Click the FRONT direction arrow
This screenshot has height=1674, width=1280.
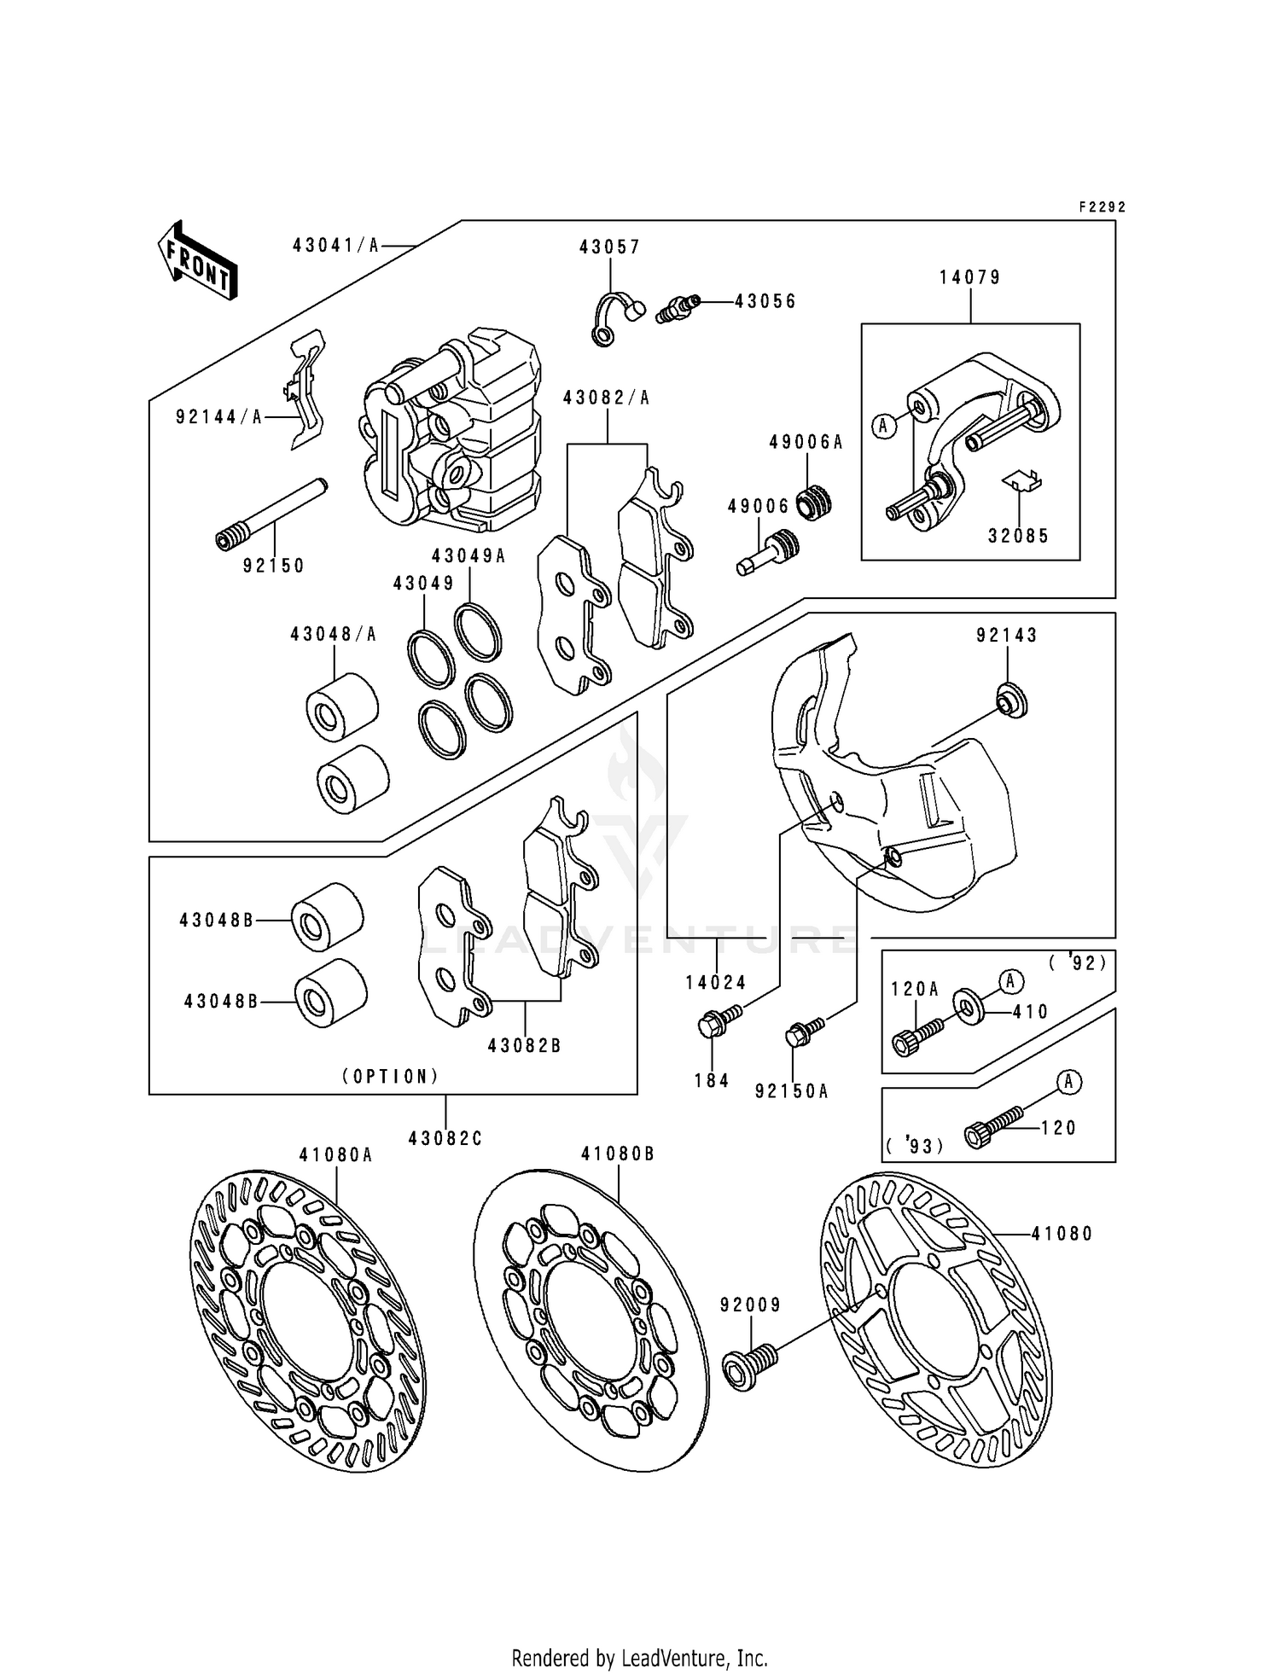point(197,261)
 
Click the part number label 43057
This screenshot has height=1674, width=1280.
point(609,247)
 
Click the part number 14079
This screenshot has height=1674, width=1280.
point(970,277)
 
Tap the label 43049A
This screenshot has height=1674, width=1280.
point(468,556)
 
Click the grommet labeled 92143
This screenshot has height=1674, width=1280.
point(1012,701)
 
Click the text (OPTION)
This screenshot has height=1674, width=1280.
point(391,1076)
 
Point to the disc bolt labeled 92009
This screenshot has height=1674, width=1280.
point(749,1364)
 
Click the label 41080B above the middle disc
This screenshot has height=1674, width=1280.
point(618,1154)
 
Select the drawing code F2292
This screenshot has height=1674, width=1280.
point(1102,207)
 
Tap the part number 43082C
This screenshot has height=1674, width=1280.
point(445,1138)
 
